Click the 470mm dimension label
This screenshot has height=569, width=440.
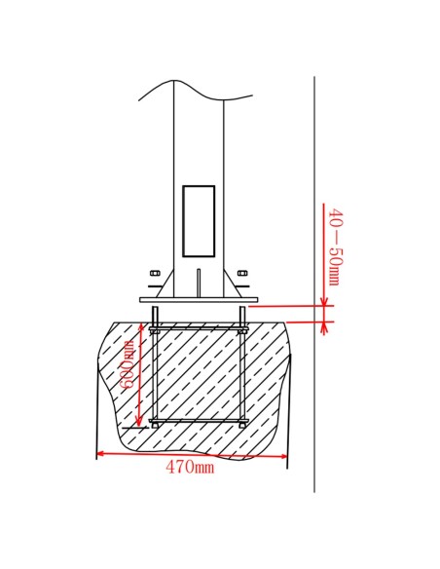click(190, 467)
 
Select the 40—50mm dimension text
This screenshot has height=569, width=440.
click(334, 247)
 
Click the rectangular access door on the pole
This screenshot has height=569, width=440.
click(199, 220)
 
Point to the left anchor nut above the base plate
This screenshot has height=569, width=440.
click(155, 273)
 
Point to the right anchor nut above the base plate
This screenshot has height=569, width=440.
click(242, 273)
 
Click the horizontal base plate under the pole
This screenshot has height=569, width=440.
click(198, 299)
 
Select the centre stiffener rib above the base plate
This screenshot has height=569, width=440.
click(199, 283)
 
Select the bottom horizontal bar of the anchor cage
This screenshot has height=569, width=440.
click(199, 421)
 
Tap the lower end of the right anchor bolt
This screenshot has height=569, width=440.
click(242, 425)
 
